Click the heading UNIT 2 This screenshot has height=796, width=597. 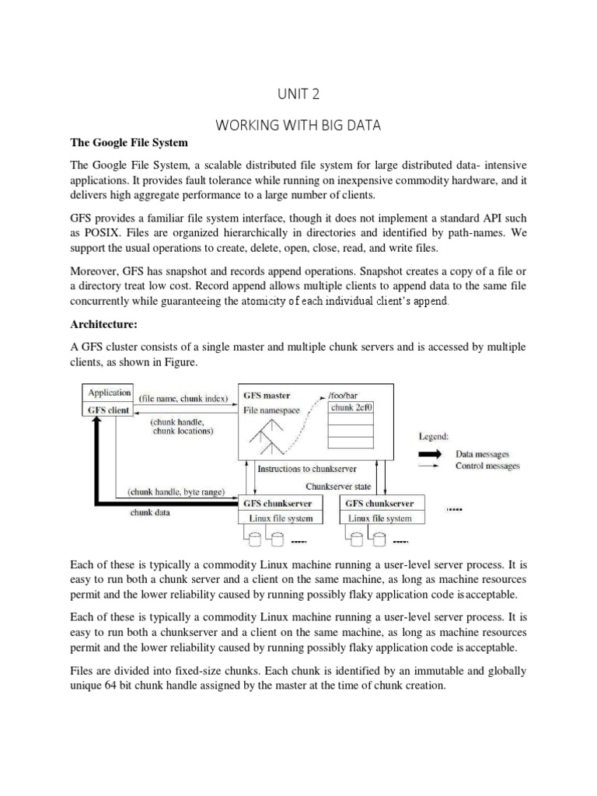click(x=298, y=93)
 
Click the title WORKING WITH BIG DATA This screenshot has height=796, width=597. click(x=298, y=124)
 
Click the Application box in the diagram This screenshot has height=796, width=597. click(x=109, y=393)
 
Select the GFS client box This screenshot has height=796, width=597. click(x=108, y=410)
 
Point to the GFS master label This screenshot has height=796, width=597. click(x=267, y=395)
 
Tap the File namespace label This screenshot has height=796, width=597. click(x=271, y=410)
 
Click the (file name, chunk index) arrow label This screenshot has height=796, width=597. click(x=183, y=399)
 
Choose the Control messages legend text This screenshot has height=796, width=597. click(x=487, y=466)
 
